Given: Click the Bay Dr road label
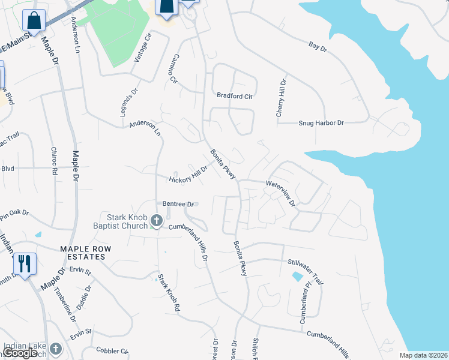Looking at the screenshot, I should tap(316, 46).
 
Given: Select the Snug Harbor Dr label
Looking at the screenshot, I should tap(321, 123).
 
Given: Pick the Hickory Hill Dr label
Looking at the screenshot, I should tap(188, 175).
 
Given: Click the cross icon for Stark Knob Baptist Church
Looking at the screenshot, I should tap(157, 221).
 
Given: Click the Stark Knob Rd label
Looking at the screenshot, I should tap(169, 292).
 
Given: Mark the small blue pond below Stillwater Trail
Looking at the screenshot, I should tap(296, 277).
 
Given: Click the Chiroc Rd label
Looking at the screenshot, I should tap(54, 161).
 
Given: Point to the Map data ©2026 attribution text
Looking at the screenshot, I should tap(423, 355).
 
